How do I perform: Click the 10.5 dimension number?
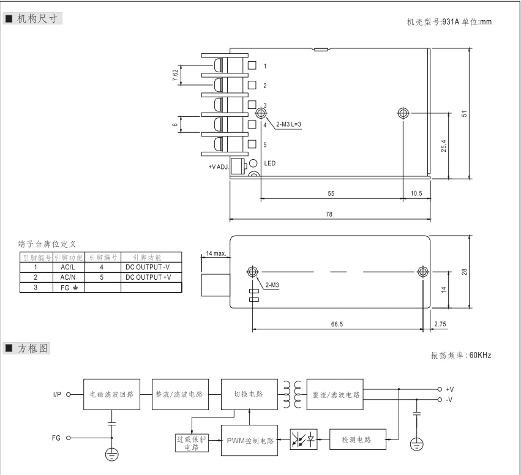coord(416,193)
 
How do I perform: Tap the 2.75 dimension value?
coord(439,324)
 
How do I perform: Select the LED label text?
coord(270,164)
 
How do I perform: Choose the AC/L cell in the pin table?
coord(67,267)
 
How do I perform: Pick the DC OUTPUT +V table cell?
coord(150,277)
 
